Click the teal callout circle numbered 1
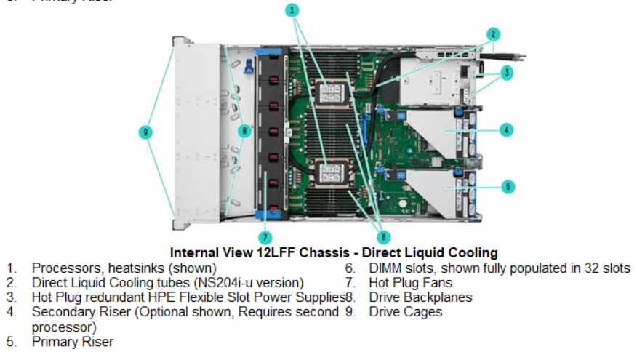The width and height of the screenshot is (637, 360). tap(292, 10)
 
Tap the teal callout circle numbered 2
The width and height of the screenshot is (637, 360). tap(494, 33)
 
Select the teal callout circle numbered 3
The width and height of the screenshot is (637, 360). tap(506, 72)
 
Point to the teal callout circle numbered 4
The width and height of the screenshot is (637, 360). tap(507, 130)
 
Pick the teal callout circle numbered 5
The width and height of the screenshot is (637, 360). tap(508, 187)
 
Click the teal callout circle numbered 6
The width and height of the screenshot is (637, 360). tap(384, 236)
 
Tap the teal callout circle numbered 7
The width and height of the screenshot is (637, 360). tap(266, 237)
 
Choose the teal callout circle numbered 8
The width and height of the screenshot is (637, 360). tap(245, 131)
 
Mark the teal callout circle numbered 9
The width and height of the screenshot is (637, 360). tap(147, 132)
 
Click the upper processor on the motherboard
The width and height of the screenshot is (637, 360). tap(330, 95)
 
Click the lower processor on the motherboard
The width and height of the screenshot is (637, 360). tap(331, 172)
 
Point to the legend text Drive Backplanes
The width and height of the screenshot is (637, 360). tap(420, 297)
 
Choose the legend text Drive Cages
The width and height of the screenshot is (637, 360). tap(405, 312)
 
